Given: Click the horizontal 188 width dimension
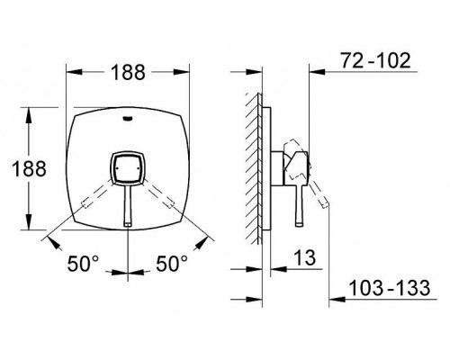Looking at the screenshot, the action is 128,72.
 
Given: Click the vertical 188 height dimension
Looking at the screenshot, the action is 29,168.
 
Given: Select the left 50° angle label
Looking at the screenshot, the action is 83,264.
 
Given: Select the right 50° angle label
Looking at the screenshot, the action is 172,264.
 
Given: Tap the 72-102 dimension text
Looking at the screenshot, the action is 375,60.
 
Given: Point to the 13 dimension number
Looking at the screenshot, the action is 305,257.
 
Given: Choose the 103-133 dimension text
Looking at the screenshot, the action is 390,288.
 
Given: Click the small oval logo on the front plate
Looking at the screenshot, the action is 128,119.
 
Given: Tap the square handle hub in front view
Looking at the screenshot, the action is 128,167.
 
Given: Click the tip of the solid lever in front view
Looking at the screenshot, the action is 128,224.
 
